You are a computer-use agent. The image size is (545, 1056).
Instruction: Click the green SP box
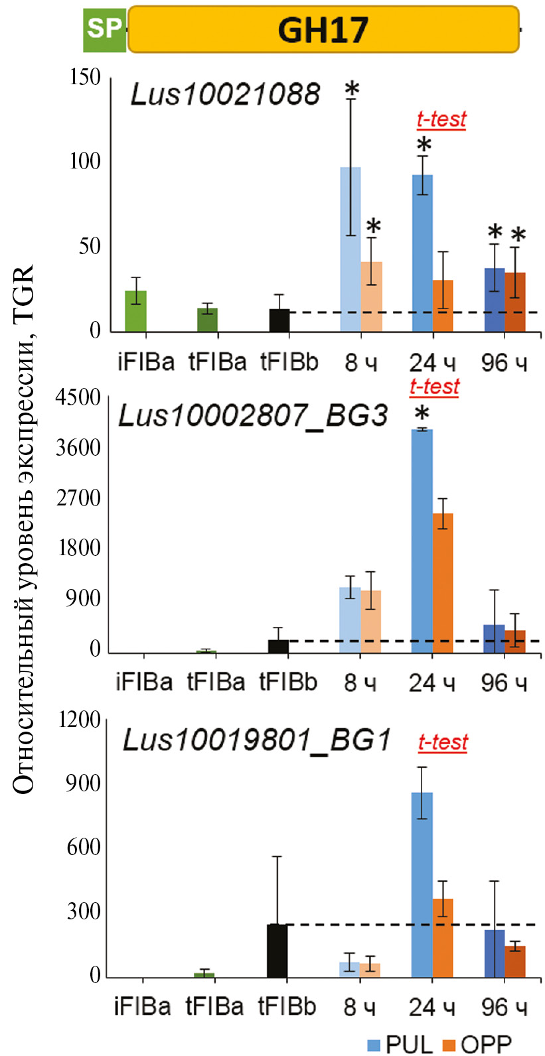click(104, 30)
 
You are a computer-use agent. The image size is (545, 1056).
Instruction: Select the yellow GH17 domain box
click(323, 30)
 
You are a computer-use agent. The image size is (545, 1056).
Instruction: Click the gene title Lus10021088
click(226, 94)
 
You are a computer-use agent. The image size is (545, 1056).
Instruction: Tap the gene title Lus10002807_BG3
click(252, 416)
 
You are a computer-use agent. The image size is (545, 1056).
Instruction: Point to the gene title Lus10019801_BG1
click(257, 740)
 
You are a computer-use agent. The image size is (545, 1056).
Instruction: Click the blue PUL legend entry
click(398, 1044)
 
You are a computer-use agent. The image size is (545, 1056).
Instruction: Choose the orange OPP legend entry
click(477, 1044)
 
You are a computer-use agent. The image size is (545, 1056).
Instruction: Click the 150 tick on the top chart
click(86, 78)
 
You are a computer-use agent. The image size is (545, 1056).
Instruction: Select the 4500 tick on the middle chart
click(78, 398)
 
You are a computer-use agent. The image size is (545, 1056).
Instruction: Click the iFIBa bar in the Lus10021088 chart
click(135, 311)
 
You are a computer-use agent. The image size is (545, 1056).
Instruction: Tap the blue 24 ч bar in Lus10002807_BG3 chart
click(422, 541)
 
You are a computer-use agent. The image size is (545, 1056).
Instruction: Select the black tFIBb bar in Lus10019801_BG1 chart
click(277, 951)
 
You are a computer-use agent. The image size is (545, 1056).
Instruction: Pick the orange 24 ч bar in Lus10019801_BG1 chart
click(443, 938)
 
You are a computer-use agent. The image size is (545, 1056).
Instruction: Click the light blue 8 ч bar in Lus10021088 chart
click(350, 249)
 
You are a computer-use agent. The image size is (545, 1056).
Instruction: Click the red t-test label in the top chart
click(441, 119)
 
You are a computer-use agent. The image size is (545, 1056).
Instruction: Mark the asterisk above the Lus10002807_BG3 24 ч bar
click(422, 415)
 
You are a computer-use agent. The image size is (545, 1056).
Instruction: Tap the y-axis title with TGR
click(23, 531)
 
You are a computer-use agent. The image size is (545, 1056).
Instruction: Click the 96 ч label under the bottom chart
click(504, 1007)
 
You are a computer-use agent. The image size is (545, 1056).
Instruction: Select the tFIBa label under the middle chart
click(216, 682)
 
